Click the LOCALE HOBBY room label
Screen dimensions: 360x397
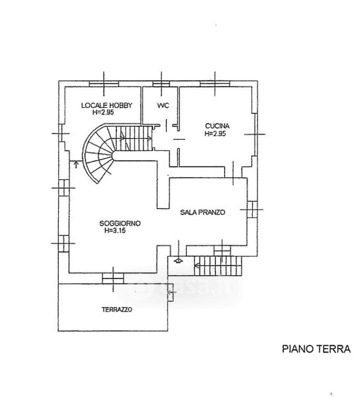107,105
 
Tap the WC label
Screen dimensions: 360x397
163,105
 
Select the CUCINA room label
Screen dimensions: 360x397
217,126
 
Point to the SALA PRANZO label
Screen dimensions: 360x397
202,212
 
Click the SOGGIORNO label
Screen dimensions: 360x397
120,224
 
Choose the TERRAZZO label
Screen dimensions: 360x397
117,310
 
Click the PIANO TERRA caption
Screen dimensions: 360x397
316,349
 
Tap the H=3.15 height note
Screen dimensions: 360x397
115,230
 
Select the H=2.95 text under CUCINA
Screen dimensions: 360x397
215,134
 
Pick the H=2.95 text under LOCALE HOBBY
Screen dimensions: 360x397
103,112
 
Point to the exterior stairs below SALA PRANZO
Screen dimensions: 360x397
218,266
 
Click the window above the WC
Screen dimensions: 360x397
161,84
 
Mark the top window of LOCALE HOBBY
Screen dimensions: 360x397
104,84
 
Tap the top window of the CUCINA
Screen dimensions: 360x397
215,84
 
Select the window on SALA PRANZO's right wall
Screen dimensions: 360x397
252,209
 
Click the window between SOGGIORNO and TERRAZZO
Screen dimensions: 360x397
113,279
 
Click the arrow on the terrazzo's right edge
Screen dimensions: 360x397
171,292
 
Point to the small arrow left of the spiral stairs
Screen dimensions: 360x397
76,165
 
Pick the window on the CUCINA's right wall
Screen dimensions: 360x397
256,134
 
